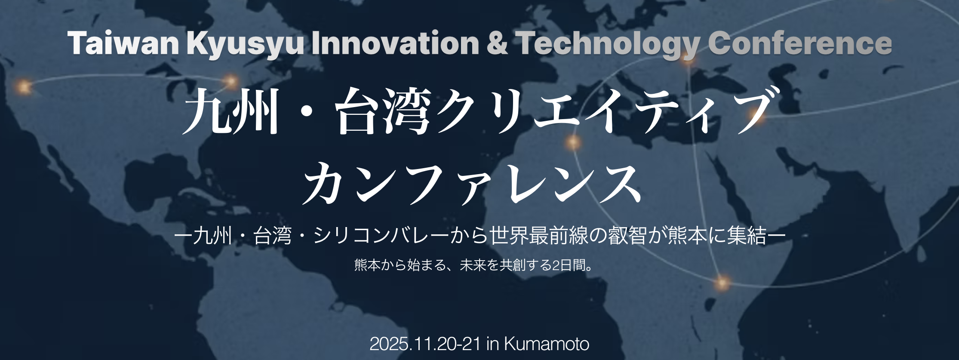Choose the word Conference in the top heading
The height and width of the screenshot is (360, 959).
click(799, 43)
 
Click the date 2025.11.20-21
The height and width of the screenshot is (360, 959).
click(425, 344)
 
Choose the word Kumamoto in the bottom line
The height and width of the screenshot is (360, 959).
click(546, 344)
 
